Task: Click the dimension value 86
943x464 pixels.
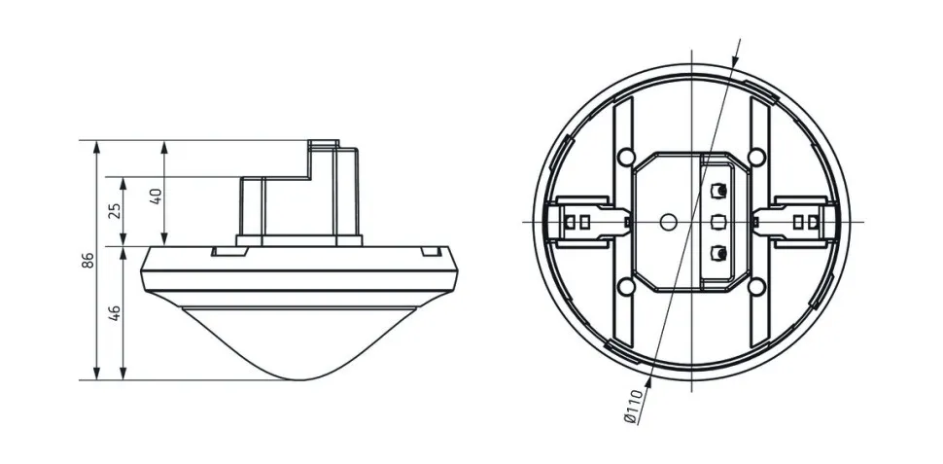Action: click(87, 260)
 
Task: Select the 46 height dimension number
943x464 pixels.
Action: click(115, 311)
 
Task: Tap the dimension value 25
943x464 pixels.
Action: click(115, 210)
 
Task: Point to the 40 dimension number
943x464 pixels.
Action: click(156, 196)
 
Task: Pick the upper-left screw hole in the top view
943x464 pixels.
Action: click(626, 156)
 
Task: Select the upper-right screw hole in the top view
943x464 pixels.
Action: click(755, 156)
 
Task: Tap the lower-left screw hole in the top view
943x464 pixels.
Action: click(626, 286)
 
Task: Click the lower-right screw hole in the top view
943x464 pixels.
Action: click(755, 286)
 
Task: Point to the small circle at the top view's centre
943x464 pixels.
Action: click(666, 222)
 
